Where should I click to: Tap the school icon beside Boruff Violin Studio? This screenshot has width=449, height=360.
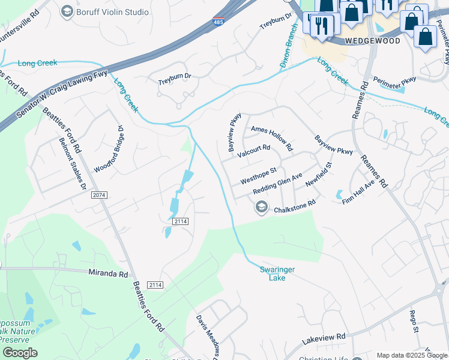(x=67, y=10)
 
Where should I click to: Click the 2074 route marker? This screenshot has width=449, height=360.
(x=99, y=196)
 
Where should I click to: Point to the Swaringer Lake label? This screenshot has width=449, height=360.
(x=277, y=274)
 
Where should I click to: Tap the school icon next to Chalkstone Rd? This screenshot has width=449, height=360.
(x=261, y=208)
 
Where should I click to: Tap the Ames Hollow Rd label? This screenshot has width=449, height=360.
(x=272, y=138)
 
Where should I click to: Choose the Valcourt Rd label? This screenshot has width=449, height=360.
(x=253, y=151)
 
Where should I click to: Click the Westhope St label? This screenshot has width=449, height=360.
(x=258, y=176)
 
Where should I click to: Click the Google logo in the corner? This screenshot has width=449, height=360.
(x=20, y=353)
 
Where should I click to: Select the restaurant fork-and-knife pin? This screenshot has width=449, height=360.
(x=322, y=25)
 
